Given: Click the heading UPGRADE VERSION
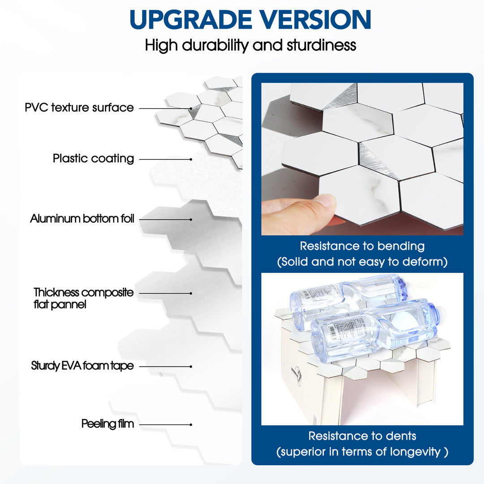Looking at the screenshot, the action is [250, 19].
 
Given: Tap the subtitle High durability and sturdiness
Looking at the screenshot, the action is [251, 45].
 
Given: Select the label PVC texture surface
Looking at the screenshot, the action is [79, 108].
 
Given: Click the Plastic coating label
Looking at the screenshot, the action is [93, 158].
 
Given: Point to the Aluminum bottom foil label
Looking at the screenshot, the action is [82, 219].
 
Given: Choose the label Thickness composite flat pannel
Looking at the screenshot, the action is [83, 298].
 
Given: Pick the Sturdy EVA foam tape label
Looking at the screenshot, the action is [82, 366].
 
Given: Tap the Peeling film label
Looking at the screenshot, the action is [108, 424].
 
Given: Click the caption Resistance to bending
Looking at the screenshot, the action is [363, 246].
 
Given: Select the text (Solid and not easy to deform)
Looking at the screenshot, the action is [363, 262].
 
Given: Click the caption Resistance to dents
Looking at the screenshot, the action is [363, 436].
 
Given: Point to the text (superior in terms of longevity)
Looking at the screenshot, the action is [363, 452].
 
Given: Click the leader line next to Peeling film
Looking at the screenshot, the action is [165, 425].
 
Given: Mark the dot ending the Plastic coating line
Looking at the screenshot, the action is [191, 159].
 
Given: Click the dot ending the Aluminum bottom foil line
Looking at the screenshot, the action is [191, 220].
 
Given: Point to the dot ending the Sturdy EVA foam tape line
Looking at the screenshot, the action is [191, 367].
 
